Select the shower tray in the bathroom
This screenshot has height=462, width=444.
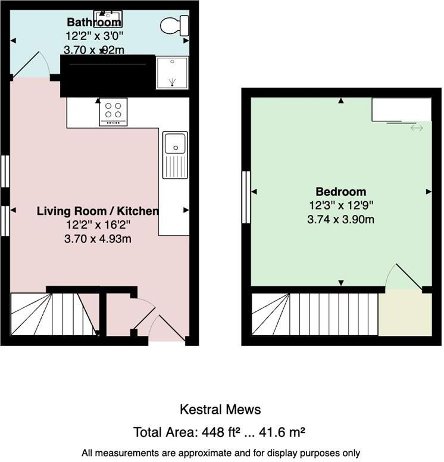pyautogui.click(x=172, y=73)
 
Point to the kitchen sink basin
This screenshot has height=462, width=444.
pyautogui.click(x=174, y=143)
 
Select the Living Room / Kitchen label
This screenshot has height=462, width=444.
pyautogui.click(x=98, y=211)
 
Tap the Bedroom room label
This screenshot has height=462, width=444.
pyautogui.click(x=340, y=192)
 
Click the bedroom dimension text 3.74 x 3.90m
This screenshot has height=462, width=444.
pyautogui.click(x=340, y=219)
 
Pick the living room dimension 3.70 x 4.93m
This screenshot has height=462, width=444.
pyautogui.click(x=98, y=239)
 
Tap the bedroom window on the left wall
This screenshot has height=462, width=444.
pyautogui.click(x=245, y=197)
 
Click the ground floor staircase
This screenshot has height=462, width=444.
pyautogui.click(x=54, y=314)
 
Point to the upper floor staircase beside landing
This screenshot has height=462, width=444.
pyautogui.click(x=315, y=314)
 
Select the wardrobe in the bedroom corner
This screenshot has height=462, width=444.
pyautogui.click(x=401, y=111)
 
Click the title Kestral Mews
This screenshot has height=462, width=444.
pyautogui.click(x=220, y=410)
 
